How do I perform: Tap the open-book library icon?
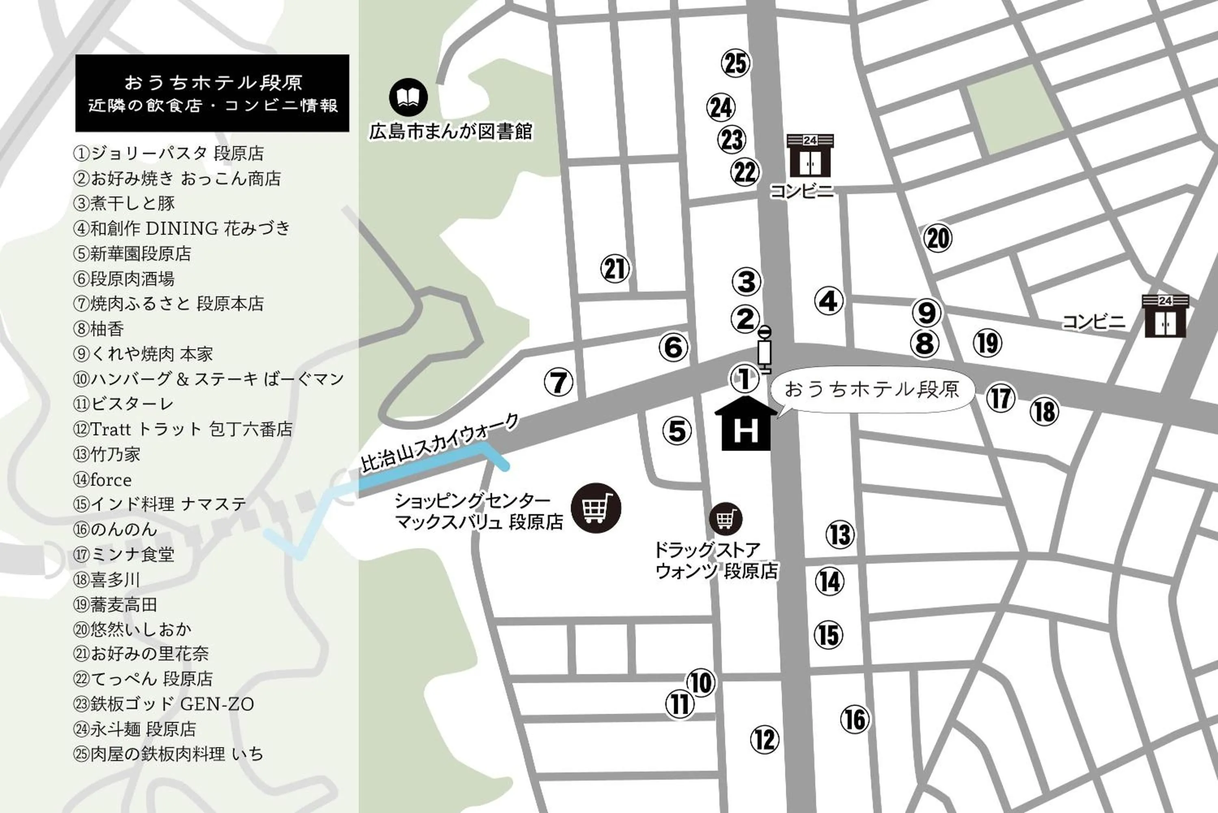pos(408,97)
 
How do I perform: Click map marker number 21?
pos(615,268)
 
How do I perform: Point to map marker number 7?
pos(559,382)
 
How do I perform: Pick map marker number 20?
pos(937,238)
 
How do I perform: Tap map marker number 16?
pos(855,719)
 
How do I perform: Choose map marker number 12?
pos(764,739)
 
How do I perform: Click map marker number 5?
pos(677,431)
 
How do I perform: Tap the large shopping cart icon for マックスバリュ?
pos(596,508)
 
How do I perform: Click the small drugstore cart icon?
pos(726,519)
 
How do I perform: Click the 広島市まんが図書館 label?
pos(450,132)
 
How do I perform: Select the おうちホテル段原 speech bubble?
pos(872,390)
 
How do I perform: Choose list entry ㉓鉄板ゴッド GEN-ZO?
pos(164,704)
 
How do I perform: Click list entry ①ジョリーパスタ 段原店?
pos(169,154)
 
